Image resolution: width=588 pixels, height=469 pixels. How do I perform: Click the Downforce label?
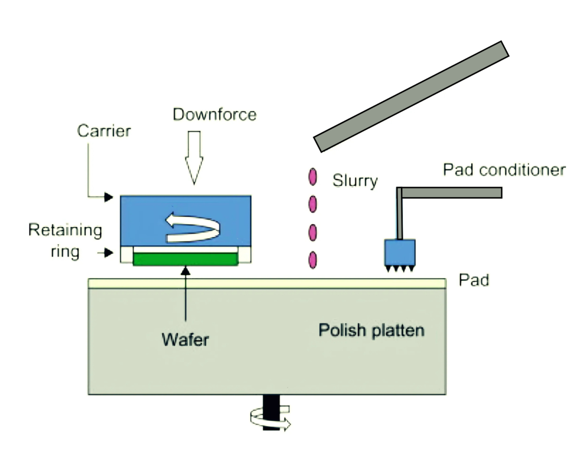214,114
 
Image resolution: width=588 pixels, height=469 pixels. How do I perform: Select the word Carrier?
104,131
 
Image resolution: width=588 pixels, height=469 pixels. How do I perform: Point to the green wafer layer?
185,259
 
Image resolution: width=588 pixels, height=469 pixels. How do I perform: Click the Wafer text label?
185,339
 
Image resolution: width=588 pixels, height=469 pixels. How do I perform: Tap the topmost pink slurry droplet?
312,176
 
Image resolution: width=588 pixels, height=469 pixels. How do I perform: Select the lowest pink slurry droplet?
312,260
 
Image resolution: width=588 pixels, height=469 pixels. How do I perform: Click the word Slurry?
355,180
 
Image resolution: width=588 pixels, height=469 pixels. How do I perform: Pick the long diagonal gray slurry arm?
411,96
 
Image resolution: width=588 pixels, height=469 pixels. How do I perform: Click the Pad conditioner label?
504,170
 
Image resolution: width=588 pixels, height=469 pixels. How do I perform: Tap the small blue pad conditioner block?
399,252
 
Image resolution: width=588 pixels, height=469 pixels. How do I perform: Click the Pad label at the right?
474,280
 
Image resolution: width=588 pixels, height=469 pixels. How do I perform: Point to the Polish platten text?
371,330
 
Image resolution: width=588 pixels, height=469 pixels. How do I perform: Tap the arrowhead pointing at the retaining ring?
108,253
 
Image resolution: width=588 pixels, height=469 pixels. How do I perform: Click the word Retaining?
65,230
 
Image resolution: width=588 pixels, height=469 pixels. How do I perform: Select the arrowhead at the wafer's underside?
186,271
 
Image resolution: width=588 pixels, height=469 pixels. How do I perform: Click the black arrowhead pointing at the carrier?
108,197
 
